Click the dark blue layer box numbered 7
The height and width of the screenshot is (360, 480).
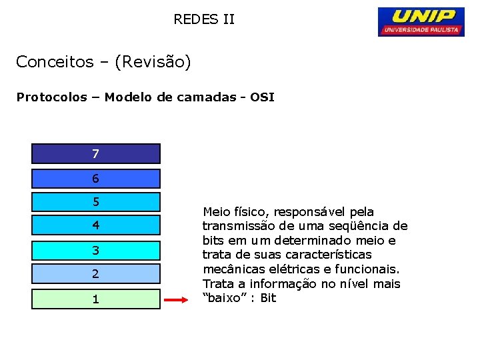pyautogui.click(x=96, y=154)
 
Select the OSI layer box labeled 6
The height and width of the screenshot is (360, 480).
pyautogui.click(x=96, y=179)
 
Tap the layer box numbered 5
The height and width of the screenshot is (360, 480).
pyautogui.click(x=96, y=201)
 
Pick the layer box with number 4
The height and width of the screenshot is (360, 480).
pyautogui.click(x=96, y=225)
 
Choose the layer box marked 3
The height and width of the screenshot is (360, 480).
pyautogui.click(x=96, y=250)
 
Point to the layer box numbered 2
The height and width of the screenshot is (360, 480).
pyautogui.click(x=96, y=274)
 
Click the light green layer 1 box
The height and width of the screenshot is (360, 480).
pyautogui.click(x=96, y=299)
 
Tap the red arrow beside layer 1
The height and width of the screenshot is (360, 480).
pyautogui.click(x=177, y=300)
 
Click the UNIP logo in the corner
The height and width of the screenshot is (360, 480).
pyautogui.click(x=421, y=21)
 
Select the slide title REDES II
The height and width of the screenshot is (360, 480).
pyautogui.click(x=204, y=19)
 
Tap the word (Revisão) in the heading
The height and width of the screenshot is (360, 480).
pyautogui.click(x=153, y=62)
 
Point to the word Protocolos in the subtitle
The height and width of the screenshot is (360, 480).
pyautogui.click(x=51, y=97)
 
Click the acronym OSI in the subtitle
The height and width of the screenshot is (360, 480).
pyautogui.click(x=262, y=97)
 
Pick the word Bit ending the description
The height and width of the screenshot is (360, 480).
pyautogui.click(x=268, y=298)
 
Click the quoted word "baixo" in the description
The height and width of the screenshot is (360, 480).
pyautogui.click(x=223, y=298)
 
